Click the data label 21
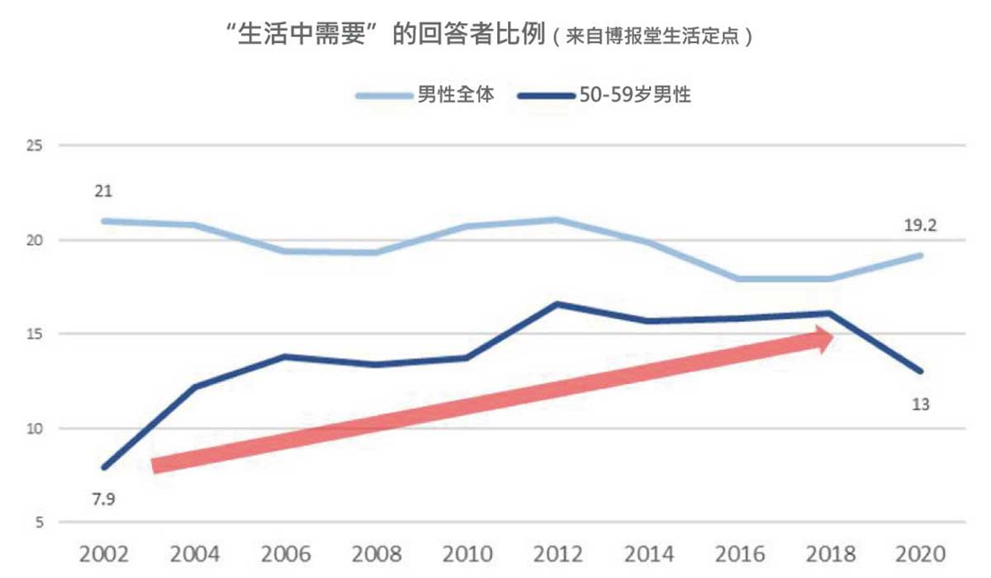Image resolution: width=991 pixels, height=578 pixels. click(104, 192)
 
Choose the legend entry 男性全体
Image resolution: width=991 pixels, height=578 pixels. click(455, 95)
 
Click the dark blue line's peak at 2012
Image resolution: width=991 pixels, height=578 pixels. click(558, 304)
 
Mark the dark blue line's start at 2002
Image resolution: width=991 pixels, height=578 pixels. click(104, 467)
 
